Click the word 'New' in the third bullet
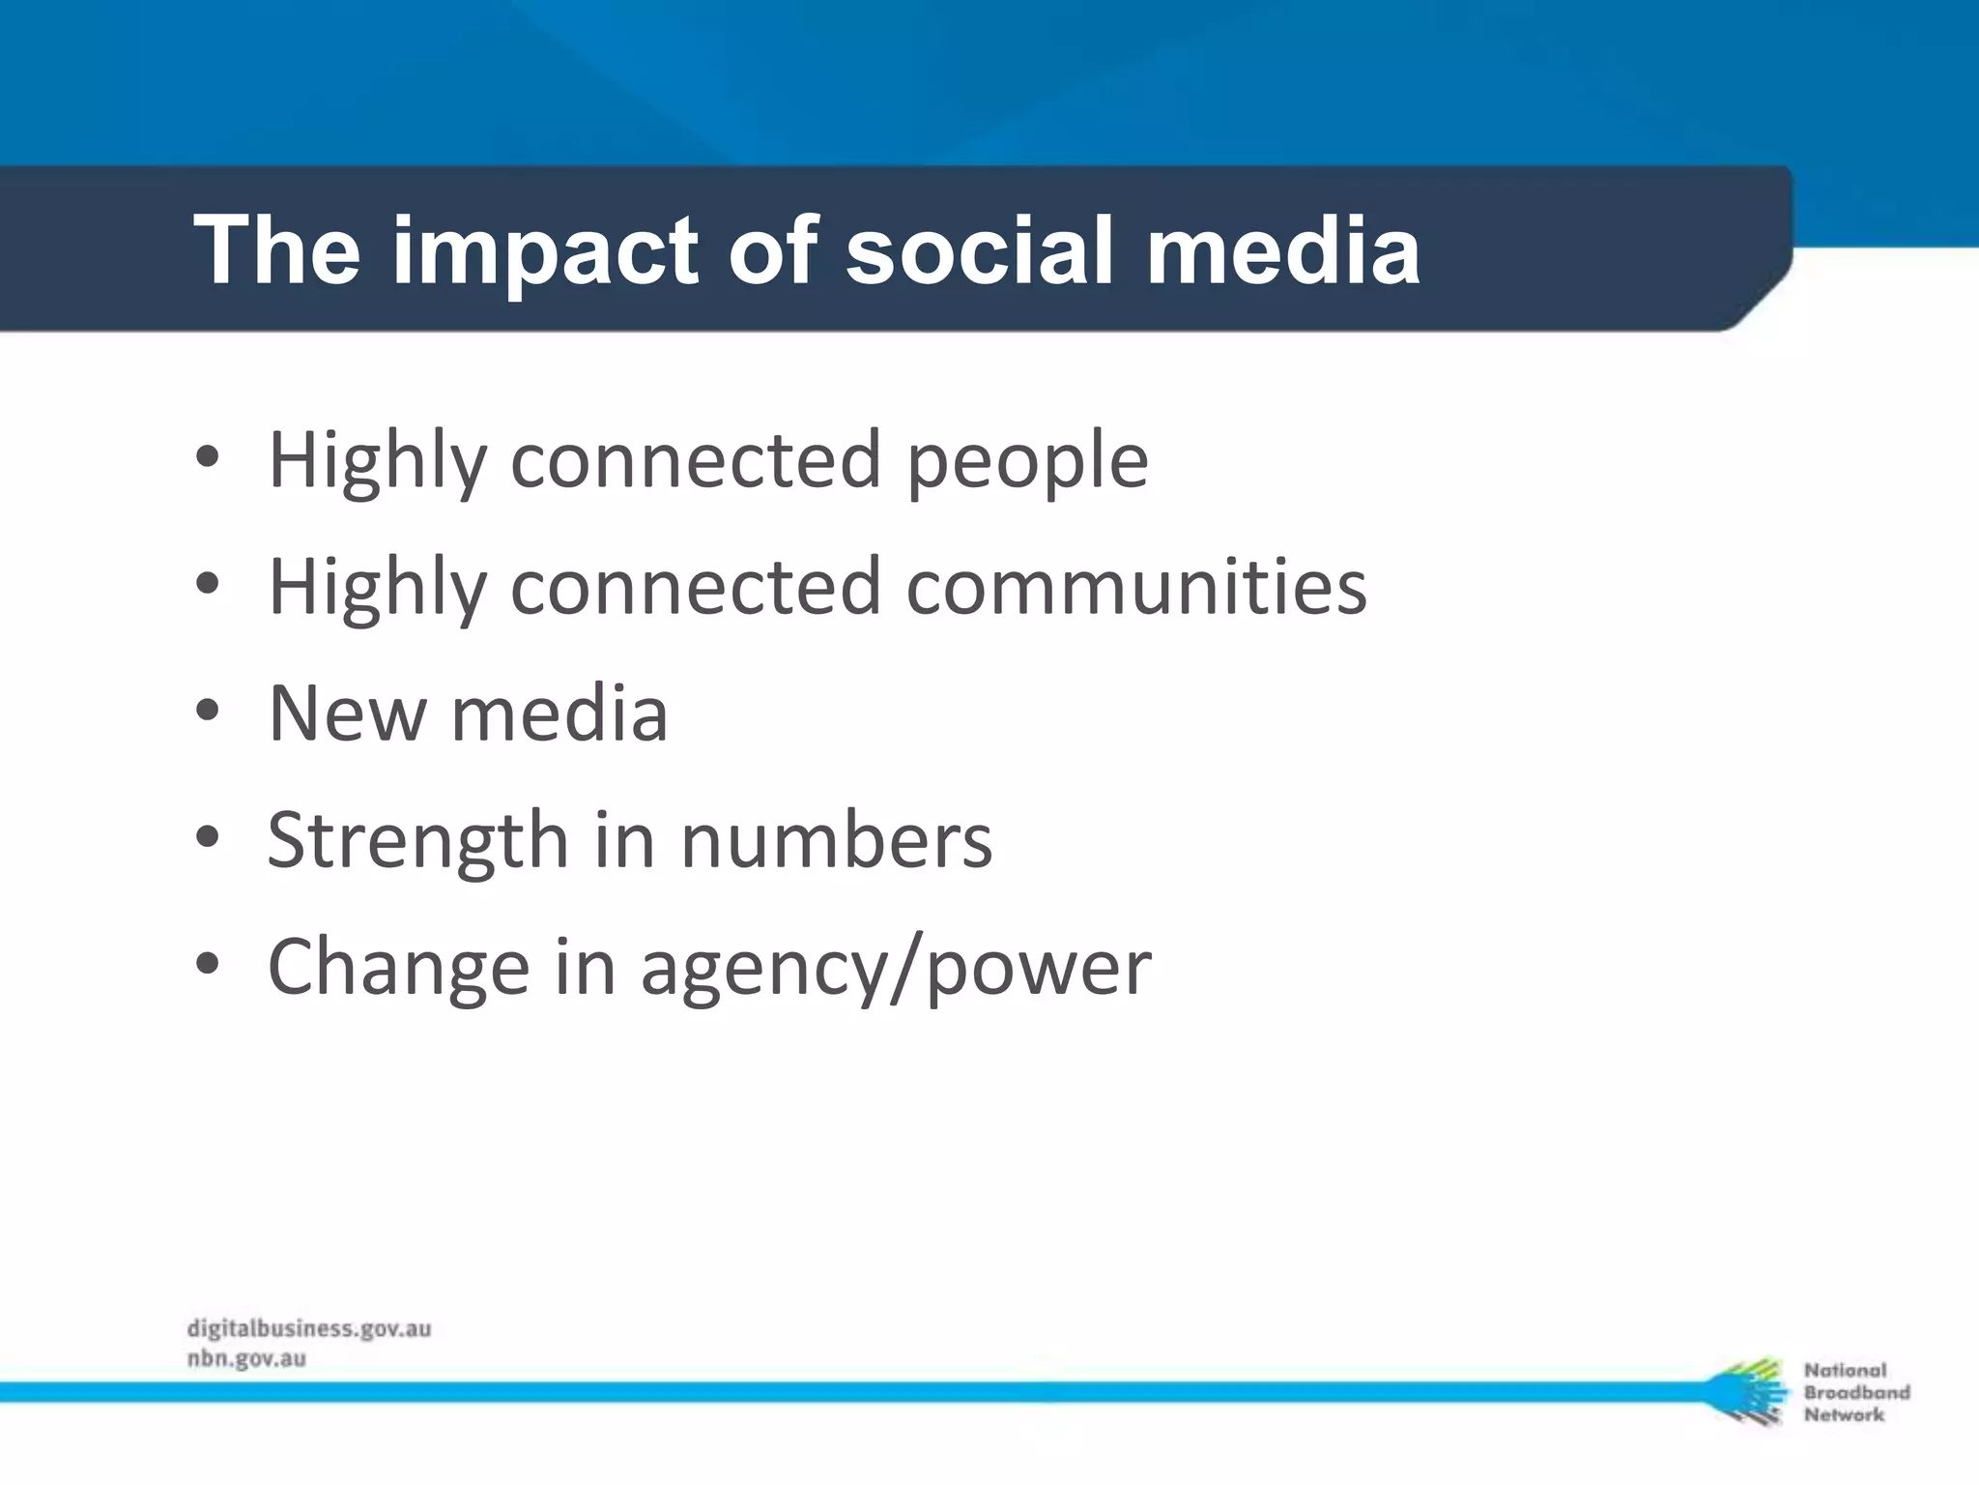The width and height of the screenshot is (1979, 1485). [347, 713]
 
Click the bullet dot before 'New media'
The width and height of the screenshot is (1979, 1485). [207, 712]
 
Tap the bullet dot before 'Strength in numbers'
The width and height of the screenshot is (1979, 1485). [207, 837]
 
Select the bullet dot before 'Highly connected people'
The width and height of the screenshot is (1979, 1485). [207, 457]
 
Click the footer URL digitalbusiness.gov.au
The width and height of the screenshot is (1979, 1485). [309, 1328]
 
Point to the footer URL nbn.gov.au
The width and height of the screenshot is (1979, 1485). [246, 1359]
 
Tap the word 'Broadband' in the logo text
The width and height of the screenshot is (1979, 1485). [1856, 1392]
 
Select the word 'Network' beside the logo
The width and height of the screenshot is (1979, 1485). [1844, 1414]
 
